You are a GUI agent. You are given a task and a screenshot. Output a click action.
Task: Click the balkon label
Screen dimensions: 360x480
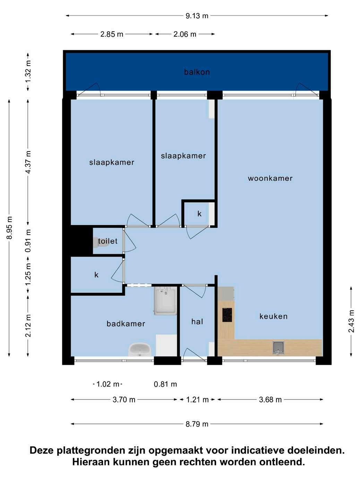pos(197,72)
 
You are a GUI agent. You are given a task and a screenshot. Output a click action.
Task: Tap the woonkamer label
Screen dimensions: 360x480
pos(270,178)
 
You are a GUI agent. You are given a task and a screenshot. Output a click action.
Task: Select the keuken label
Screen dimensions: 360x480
pos(273,316)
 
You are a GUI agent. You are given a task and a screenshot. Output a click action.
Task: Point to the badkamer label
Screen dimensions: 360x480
pos(126,324)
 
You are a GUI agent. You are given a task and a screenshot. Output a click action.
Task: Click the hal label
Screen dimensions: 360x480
pos(197,322)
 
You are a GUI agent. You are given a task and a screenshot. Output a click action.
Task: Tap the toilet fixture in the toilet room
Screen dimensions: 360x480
pos(100,242)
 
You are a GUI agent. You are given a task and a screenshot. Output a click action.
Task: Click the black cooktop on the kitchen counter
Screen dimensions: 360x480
pos(227,315)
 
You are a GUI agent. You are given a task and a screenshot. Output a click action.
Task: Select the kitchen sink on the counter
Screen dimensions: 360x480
pos(278,348)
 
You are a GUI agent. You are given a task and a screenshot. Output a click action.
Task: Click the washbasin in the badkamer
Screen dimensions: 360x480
pos(139,349)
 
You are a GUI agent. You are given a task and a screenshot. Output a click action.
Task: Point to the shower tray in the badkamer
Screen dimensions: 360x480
pos(165,301)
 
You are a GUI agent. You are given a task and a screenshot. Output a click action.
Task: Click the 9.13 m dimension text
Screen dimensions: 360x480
pos(197,16)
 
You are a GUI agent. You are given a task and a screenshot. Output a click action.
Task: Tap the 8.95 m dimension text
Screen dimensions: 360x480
pos(10,228)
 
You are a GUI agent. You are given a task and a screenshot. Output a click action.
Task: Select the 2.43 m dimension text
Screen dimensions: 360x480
pos(351,321)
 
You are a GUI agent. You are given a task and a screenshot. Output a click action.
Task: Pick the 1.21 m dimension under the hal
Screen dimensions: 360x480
pos(197,400)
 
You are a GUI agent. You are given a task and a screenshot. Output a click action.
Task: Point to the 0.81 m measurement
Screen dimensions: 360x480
pos(165,384)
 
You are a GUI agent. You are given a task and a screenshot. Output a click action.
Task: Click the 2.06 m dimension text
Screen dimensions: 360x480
pos(185,34)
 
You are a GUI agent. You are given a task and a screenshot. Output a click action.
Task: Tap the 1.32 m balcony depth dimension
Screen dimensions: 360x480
pos(28,71)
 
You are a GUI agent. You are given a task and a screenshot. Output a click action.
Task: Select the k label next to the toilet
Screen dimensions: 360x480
pos(96,275)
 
